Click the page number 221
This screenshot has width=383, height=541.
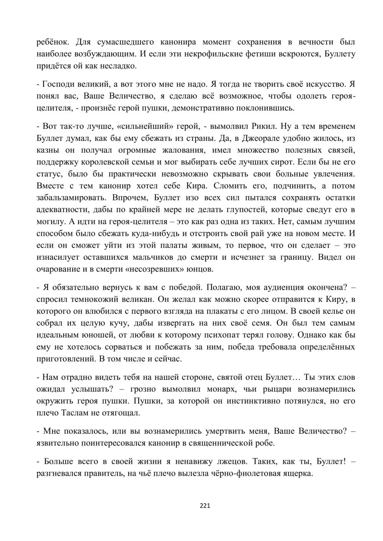click(205, 506)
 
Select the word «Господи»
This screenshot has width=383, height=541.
click(58, 84)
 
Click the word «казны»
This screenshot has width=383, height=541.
click(47, 150)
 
